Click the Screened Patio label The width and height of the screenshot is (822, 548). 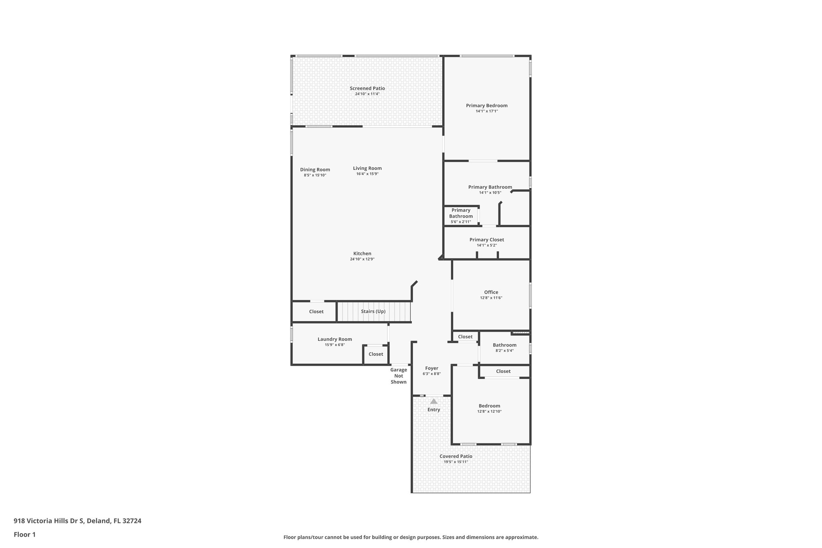367,88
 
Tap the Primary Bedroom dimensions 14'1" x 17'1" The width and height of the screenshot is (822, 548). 486,111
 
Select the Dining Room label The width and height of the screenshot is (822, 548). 315,170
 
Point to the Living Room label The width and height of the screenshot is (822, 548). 367,168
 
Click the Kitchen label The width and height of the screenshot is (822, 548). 362,253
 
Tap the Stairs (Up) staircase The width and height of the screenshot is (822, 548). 373,312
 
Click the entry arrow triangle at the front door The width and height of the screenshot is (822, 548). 433,401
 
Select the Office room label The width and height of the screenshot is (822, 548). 491,292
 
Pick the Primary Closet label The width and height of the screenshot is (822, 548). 486,240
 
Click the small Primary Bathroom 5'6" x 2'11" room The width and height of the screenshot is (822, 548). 461,216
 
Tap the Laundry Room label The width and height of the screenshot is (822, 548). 334,339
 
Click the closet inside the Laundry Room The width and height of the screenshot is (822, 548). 376,354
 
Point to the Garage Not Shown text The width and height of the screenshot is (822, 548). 399,376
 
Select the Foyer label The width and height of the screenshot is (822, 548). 431,368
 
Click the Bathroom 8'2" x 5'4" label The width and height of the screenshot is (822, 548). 505,345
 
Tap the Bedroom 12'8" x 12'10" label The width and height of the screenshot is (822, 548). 489,406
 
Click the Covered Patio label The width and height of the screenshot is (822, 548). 456,456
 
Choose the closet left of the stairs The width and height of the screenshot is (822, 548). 316,312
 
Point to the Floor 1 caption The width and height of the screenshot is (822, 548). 24,535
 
